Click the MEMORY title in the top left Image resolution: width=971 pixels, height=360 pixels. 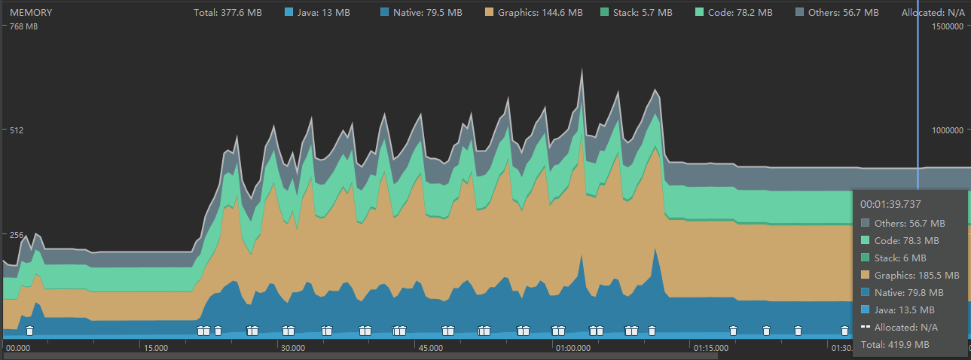point(31,13)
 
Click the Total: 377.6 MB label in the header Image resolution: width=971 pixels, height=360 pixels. point(227,13)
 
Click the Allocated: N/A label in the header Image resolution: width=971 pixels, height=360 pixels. point(933,13)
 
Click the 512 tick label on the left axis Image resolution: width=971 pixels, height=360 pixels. point(14,130)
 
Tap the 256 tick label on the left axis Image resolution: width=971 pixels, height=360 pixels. point(14,235)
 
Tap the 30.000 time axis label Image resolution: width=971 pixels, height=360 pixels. point(292,349)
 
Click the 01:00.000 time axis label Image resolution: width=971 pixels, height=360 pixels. point(573,349)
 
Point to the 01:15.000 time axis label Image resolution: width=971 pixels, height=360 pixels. point(711,349)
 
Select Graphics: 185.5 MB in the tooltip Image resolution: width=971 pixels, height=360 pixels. point(916,276)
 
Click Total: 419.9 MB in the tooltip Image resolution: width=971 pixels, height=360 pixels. point(895,345)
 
